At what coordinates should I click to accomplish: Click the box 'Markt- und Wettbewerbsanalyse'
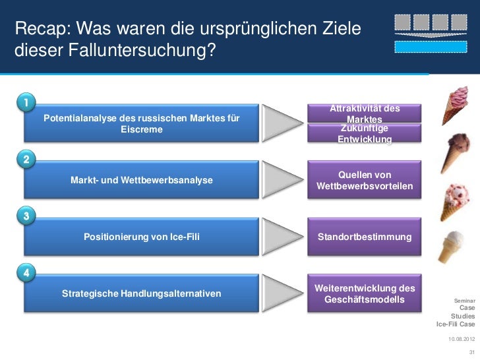coord(141,180)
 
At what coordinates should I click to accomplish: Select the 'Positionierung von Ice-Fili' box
coord(141,236)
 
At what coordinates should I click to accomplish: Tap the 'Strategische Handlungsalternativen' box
coord(141,293)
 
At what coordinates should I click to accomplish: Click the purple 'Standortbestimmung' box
coord(365,236)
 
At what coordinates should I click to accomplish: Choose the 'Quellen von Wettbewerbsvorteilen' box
coord(365,181)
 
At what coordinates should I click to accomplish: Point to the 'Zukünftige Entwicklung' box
coord(365,134)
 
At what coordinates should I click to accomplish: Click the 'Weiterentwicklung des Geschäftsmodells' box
coord(365,294)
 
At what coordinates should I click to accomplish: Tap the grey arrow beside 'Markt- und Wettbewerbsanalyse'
coord(283,180)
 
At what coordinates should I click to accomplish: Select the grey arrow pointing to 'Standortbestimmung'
coord(283,236)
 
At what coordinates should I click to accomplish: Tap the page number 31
coord(470,351)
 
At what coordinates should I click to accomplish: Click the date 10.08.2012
coord(462,339)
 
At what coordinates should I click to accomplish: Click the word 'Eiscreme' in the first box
coord(141,129)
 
